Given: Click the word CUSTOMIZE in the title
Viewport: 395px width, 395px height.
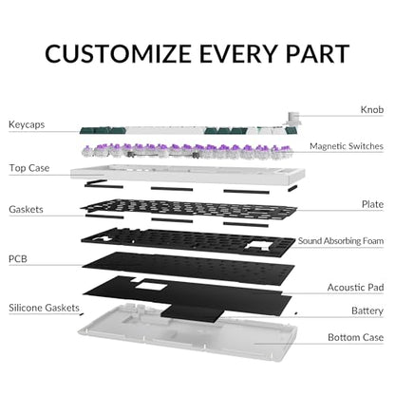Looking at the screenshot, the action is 118,53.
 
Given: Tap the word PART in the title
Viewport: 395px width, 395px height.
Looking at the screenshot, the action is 317,53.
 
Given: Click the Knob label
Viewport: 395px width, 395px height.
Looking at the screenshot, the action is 372,109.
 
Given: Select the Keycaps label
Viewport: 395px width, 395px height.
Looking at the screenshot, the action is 27,124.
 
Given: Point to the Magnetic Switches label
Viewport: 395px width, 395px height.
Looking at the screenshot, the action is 347,146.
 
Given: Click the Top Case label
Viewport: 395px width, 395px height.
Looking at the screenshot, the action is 29,168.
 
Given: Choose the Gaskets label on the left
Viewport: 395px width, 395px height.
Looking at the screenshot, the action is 26,209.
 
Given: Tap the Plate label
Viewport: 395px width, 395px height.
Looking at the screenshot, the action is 372,204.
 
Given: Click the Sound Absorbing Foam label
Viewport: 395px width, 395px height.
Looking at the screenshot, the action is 341,241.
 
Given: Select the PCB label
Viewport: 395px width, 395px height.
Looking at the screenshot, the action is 18,259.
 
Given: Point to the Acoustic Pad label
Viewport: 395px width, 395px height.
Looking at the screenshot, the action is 355,288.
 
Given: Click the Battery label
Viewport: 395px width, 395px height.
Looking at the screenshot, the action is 367,310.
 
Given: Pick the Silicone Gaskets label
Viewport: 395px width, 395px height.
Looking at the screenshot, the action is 44,308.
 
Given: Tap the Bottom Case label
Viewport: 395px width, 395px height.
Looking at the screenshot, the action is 355,337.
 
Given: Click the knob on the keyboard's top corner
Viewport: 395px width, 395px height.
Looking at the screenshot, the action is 292,118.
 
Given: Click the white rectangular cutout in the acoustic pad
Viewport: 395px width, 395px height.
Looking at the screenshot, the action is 151,285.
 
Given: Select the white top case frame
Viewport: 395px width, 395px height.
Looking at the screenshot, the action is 188,175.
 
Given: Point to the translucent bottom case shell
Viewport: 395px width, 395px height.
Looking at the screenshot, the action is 187,334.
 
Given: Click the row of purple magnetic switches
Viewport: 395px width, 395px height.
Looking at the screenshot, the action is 187,151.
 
